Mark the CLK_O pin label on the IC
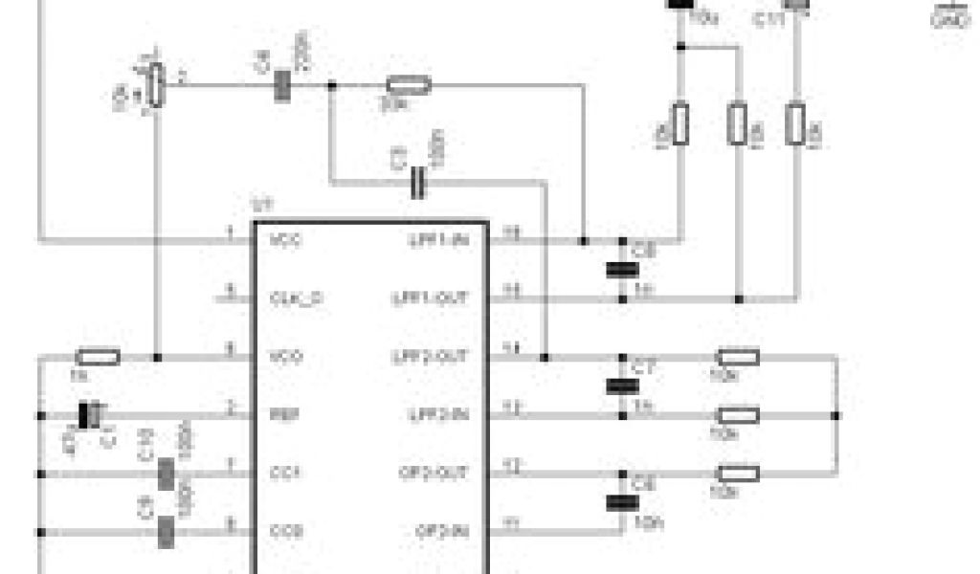(296, 298)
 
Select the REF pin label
(284, 414)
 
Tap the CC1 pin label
(285, 473)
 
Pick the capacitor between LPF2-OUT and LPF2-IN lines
(622, 386)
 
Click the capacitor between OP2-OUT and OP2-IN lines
(622, 502)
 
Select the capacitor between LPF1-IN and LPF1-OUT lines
(622, 269)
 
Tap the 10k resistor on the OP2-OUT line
(738, 473)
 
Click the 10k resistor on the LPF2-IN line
(738, 415)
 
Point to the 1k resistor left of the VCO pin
(97, 358)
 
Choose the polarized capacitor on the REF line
(91, 415)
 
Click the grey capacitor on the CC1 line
(167, 474)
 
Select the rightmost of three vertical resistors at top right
(795, 124)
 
